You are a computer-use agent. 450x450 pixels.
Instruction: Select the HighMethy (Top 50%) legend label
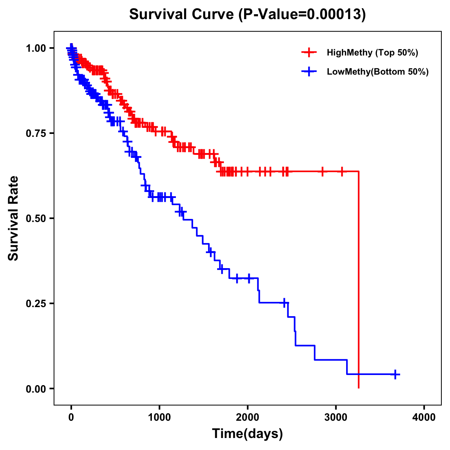372,52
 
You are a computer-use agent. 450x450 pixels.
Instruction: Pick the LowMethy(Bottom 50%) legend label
378,72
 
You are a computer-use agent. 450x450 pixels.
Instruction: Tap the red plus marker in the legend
309,52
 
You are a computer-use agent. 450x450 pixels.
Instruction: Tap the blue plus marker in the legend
309,72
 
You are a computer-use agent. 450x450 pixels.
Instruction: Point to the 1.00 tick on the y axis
36,48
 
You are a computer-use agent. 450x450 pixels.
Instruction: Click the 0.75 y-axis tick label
36,133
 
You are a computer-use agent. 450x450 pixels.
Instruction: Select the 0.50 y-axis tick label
36,219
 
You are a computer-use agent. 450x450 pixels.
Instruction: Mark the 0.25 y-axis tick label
36,303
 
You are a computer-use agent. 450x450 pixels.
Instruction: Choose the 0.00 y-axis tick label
36,389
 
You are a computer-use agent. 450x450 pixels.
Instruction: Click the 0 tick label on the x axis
71,417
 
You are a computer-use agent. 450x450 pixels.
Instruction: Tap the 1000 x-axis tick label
159,417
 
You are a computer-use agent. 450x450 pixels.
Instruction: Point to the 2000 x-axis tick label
247,417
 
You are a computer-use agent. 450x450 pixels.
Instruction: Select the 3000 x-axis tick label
336,417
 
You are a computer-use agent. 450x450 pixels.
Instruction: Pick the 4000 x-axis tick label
424,417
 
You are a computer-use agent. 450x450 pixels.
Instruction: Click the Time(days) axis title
247,434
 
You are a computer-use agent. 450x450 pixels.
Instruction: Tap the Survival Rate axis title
13,218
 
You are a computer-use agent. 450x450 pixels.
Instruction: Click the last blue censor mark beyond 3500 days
395,374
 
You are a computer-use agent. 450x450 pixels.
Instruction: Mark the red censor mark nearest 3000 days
342,171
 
